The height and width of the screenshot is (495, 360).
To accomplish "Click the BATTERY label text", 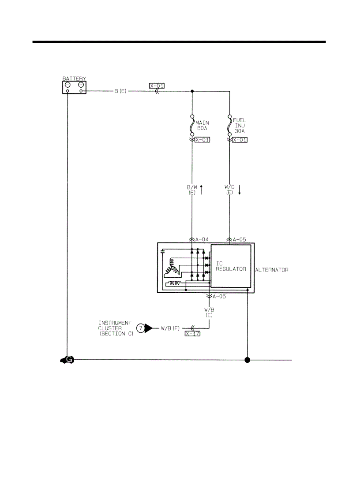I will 74,78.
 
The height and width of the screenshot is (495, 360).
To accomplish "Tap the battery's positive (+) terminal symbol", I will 81,85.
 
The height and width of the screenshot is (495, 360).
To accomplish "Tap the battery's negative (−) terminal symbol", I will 67,85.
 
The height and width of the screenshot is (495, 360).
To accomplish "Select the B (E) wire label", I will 120,92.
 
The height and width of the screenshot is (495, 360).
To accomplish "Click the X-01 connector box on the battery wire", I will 157,86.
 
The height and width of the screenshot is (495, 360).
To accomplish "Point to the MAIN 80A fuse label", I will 202,126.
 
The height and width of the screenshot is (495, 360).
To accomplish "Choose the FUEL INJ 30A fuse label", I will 240,126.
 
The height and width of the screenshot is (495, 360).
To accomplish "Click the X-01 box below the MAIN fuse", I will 202,140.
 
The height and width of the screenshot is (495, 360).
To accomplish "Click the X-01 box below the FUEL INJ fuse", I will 240,140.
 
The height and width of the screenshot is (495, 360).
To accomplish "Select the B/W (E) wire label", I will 192,190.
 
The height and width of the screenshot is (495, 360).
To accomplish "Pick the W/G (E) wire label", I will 229,190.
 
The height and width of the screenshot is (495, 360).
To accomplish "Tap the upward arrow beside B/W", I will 202,190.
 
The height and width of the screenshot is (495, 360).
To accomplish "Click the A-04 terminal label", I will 202,240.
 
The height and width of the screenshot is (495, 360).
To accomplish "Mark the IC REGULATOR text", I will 231,266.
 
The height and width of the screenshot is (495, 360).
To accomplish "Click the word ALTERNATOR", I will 272,270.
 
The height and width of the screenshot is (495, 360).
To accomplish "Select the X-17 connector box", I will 193,334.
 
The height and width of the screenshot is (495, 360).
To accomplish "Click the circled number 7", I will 141,328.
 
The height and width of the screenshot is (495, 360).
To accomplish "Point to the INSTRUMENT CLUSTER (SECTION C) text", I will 116,329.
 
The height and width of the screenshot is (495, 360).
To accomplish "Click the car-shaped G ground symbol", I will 67,360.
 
